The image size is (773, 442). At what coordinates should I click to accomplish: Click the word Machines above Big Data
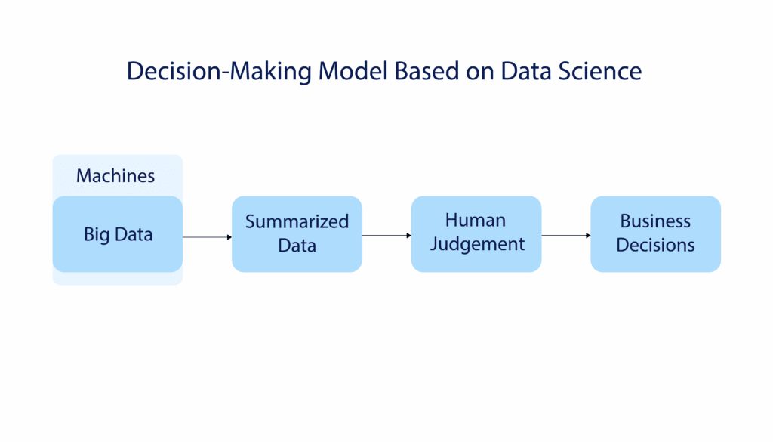point(115,176)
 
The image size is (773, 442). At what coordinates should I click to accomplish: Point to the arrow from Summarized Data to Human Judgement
point(385,236)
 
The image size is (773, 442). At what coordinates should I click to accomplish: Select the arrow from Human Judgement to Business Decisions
point(565,236)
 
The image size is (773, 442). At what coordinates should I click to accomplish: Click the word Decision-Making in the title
point(219,71)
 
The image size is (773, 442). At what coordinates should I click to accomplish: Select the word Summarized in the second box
point(297,222)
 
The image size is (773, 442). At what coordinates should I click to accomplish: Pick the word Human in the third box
point(476,220)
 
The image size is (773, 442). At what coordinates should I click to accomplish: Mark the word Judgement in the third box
point(476,245)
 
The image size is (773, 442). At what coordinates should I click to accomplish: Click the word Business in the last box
point(655,221)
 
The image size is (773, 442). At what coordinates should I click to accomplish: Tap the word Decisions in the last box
point(655,246)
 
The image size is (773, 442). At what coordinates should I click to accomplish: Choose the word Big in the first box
point(97,235)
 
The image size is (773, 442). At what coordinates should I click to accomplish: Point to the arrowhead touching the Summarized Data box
point(229,237)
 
